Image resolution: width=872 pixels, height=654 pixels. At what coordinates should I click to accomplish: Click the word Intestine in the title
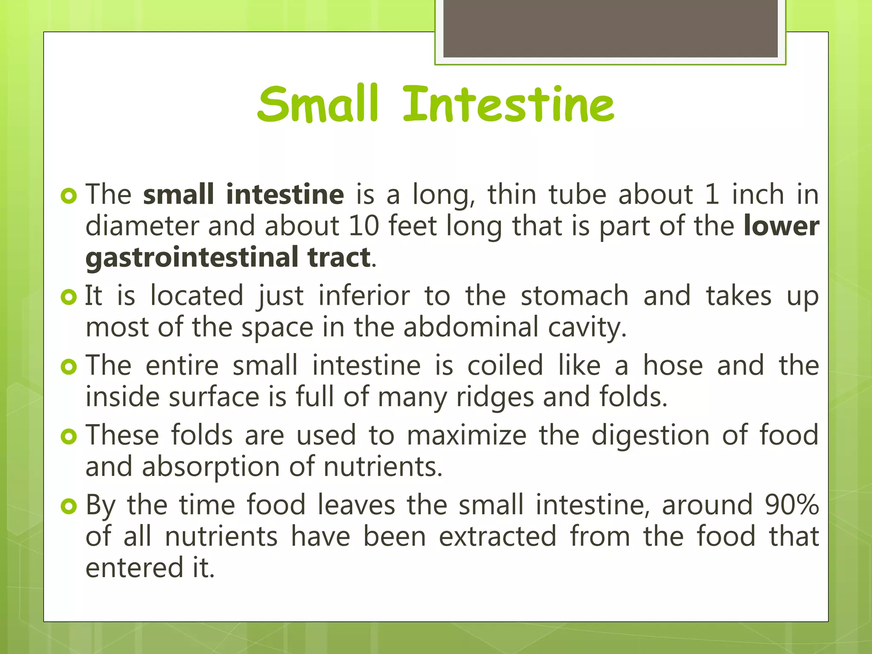(508, 105)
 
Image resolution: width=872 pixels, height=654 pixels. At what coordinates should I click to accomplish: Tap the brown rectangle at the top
(610, 28)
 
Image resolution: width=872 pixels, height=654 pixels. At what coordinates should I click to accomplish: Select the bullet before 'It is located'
(69, 296)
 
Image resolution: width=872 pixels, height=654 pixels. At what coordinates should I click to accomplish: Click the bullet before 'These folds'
(69, 436)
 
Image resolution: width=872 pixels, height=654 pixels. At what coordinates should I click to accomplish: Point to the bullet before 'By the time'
(69, 506)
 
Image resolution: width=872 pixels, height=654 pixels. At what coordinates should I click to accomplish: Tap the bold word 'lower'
(781, 226)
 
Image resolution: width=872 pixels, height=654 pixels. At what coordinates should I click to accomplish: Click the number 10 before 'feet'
(364, 226)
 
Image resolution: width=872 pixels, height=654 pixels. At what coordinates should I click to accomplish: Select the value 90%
(792, 505)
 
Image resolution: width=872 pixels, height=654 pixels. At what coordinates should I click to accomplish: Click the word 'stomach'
(574, 296)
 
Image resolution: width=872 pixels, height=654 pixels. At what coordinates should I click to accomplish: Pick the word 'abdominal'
(471, 327)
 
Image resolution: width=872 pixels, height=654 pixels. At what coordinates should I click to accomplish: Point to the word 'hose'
(672, 366)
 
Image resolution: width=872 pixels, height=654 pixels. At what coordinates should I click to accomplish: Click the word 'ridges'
(495, 397)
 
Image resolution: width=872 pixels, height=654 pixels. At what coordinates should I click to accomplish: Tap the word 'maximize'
(467, 436)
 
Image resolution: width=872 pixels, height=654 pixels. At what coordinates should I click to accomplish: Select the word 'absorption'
(210, 467)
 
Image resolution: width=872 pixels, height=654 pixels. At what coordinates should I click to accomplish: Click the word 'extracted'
(497, 536)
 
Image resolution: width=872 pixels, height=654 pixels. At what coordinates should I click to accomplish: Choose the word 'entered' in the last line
(135, 568)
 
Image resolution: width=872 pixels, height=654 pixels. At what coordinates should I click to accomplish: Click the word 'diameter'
(142, 226)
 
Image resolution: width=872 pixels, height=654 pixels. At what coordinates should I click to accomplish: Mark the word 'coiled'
(505, 366)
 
